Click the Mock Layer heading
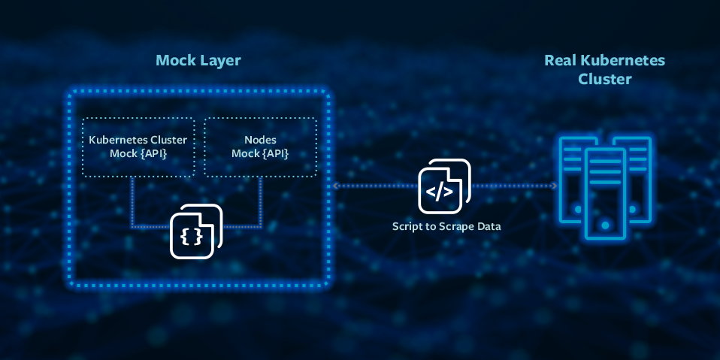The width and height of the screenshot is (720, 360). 198,61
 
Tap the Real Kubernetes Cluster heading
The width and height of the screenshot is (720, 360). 605,69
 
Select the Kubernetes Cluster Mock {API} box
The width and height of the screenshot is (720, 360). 138,147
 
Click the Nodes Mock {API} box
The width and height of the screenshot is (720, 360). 260,147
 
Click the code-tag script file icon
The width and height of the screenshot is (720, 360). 444,186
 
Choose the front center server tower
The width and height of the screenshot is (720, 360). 605,193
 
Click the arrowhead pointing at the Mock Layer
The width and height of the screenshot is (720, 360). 336,186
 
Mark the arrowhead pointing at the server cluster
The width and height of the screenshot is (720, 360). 554,186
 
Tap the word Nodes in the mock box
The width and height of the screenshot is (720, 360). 260,140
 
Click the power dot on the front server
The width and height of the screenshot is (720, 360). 605,225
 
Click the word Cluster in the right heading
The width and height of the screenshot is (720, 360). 605,79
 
